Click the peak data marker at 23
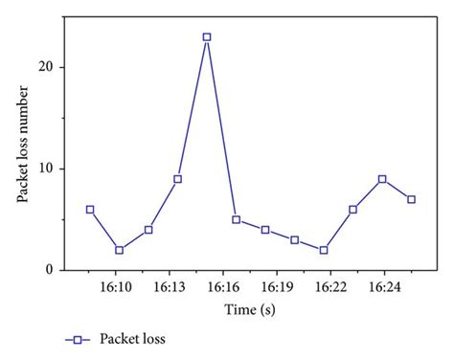(206, 37)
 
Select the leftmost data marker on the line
(90, 209)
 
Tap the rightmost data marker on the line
(411, 199)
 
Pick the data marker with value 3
(294, 239)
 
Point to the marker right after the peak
(236, 219)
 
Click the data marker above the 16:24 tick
(382, 179)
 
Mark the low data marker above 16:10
(119, 250)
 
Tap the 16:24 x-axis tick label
(383, 286)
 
